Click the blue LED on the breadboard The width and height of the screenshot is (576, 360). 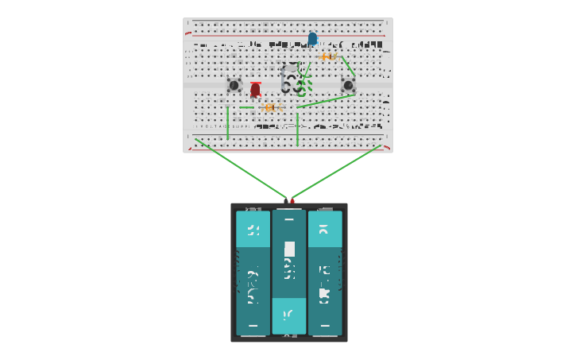click(x=312, y=38)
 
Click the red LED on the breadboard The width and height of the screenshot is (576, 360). click(x=255, y=89)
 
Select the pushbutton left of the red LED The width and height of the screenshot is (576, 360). click(x=234, y=85)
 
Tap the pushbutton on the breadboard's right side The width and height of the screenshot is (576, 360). click(x=348, y=85)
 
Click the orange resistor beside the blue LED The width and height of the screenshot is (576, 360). click(x=328, y=56)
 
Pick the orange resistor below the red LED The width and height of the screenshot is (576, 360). click(x=270, y=106)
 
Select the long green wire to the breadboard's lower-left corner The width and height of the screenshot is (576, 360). click(x=238, y=168)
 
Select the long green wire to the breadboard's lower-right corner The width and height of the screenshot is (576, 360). click(x=338, y=171)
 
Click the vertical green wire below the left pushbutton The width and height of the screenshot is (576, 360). click(x=228, y=123)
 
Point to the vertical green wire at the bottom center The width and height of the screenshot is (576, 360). click(x=297, y=130)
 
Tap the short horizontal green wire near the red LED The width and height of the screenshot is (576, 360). click(x=247, y=107)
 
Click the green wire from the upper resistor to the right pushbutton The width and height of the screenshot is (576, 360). click(x=348, y=65)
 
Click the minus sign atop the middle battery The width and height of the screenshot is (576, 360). click(x=289, y=219)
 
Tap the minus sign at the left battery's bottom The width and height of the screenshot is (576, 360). click(x=253, y=325)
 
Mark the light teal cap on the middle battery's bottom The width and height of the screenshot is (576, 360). click(x=289, y=315)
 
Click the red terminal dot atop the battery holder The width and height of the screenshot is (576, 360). click(x=292, y=201)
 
